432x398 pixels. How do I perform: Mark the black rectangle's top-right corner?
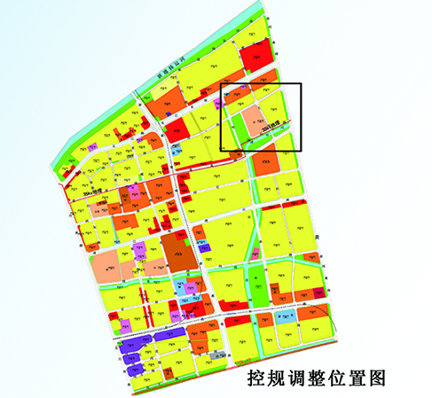pyautogui.click(x=302, y=84)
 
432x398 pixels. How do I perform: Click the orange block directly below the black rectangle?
pyautogui.click(x=264, y=164)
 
